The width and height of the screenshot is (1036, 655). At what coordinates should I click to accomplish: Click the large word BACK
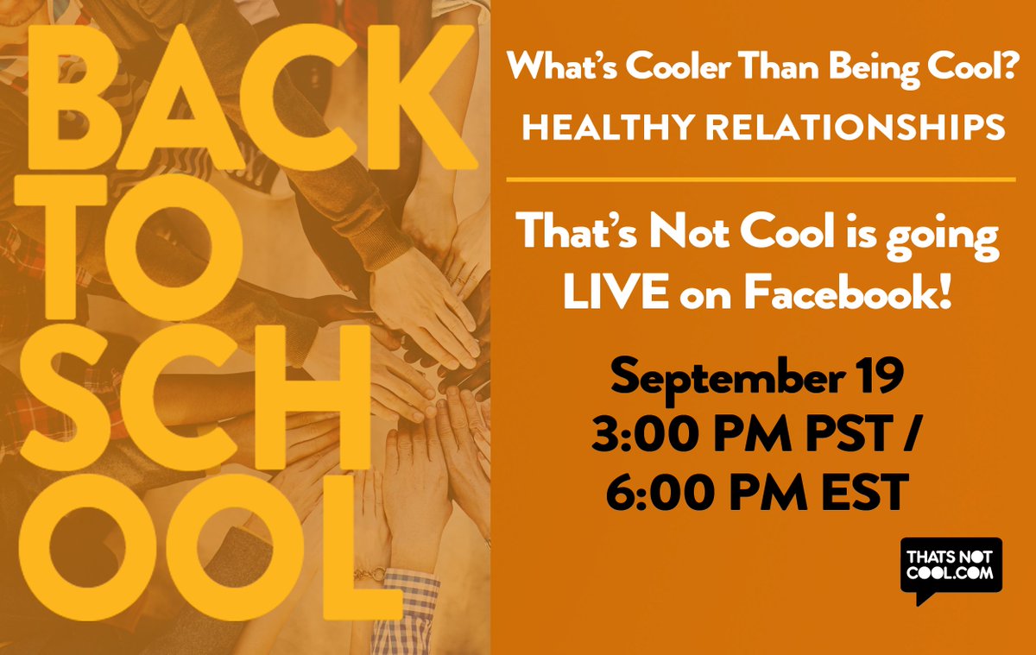tap(250, 102)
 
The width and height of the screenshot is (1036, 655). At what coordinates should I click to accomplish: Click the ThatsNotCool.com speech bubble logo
tap(951, 570)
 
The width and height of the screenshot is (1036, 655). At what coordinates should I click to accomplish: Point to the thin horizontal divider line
tap(761, 179)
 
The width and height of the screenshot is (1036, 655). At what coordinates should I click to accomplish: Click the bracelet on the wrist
tap(370, 574)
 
